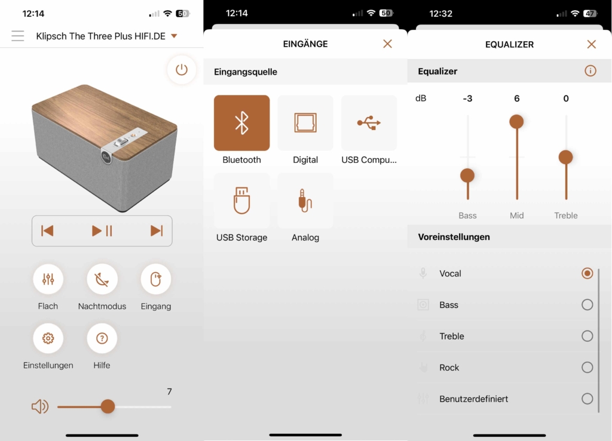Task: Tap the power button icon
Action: coord(182,70)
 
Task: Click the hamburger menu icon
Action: coord(18,36)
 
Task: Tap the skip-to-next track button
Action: coord(157,231)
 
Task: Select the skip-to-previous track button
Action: coord(47,231)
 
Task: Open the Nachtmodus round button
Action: coord(102,279)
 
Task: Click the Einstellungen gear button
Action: coord(48,338)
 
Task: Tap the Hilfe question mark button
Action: coord(102,338)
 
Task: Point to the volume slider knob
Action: coord(108,407)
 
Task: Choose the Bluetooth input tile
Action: coord(241,123)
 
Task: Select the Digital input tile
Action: coord(305,123)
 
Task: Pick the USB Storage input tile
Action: coord(241,201)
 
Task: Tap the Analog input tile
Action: coord(305,201)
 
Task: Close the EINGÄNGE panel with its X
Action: coord(387,44)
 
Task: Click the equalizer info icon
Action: coord(590,71)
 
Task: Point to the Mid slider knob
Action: coord(516,122)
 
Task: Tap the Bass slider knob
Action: coord(467,175)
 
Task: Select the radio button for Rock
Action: coord(587,368)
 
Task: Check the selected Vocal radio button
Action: coord(587,273)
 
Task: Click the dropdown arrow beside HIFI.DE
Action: coord(174,36)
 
